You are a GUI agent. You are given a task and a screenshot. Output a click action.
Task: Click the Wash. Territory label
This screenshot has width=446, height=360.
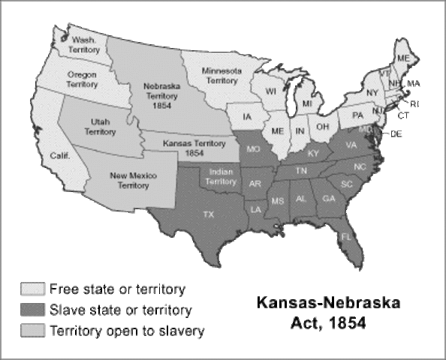coord(84,43)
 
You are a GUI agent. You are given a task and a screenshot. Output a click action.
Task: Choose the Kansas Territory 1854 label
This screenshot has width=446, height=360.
coord(185,146)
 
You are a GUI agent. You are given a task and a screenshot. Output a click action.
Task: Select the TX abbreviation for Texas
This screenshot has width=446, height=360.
coord(209,214)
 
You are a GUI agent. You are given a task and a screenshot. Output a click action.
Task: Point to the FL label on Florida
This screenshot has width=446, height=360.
coord(346,236)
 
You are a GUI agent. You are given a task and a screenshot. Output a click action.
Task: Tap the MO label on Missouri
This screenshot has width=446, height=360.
coord(253,149)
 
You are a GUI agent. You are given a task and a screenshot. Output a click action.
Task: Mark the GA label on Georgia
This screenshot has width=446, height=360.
coord(328,198)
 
